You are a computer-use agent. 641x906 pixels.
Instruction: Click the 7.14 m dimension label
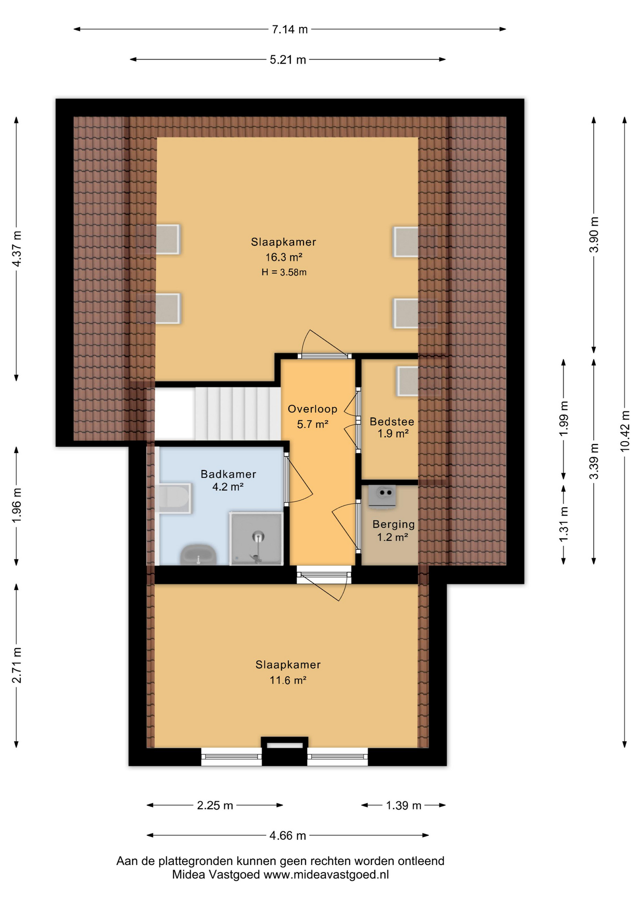(289, 29)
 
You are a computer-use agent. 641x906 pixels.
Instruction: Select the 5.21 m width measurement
(287, 60)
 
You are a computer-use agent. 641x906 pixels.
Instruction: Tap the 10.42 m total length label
(625, 431)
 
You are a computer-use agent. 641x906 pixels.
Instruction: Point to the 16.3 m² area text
(283, 257)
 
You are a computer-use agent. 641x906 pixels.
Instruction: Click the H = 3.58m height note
(284, 272)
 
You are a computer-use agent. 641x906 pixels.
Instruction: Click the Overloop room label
(312, 409)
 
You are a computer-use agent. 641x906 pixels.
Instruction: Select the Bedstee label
(392, 421)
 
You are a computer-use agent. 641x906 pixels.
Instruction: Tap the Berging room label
(393, 524)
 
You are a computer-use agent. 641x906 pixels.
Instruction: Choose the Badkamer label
(228, 474)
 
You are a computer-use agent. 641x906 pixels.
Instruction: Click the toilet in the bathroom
(174, 498)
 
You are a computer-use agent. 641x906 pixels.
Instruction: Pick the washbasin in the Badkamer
(198, 555)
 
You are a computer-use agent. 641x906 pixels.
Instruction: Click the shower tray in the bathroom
(256, 539)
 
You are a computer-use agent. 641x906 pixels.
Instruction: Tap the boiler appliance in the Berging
(382, 496)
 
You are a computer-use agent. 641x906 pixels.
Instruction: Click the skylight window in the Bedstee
(407, 381)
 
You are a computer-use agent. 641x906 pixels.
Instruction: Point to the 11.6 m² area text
(287, 680)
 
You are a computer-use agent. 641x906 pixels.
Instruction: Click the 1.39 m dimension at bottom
(403, 805)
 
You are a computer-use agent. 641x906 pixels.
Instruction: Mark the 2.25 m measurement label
(215, 805)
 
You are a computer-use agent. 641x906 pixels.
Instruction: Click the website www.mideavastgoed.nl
(326, 874)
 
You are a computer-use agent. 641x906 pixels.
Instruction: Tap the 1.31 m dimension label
(564, 524)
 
